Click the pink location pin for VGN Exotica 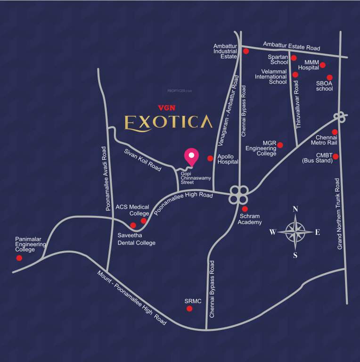click(x=191, y=156)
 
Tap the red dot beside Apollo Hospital click(x=210, y=158)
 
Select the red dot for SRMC click(x=189, y=309)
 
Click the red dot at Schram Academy click(x=245, y=209)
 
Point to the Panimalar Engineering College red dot click(x=19, y=258)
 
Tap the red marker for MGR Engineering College click(x=280, y=145)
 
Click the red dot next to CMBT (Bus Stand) click(x=335, y=156)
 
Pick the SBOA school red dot click(x=329, y=78)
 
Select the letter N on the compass click(x=295, y=209)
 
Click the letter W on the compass click(x=272, y=232)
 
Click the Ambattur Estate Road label click(x=291, y=46)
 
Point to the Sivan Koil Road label click(x=142, y=159)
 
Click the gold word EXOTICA click(x=168, y=122)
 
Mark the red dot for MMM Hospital click(x=323, y=65)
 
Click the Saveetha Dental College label click(x=136, y=239)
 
